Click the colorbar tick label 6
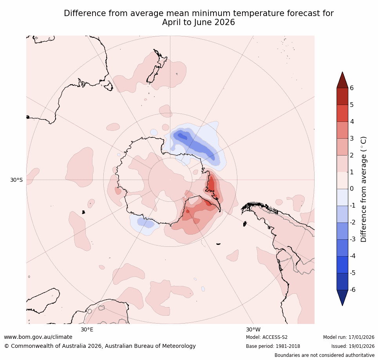352,88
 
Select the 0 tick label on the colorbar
352,189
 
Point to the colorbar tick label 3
352,138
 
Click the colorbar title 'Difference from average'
364,189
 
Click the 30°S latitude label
16,180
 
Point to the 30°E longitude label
87,329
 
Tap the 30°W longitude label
253,329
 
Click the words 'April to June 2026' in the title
199,23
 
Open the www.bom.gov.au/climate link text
38,337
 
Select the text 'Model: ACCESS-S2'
267,337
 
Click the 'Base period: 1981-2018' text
273,346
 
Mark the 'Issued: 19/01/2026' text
353,346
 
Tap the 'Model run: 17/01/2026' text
349,337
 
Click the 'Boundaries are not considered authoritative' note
324,355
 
